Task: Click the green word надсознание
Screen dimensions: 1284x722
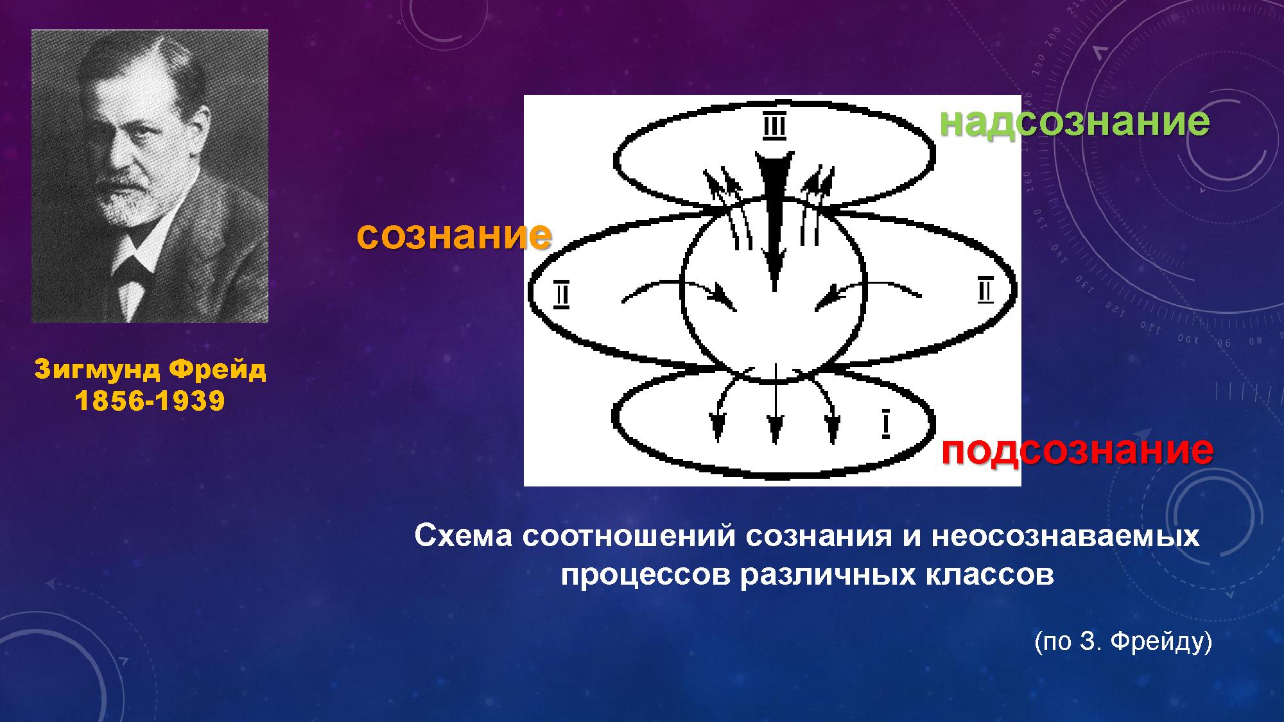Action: (x=1075, y=122)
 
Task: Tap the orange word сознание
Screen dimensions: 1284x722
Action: (x=454, y=236)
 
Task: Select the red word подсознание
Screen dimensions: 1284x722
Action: (x=1077, y=451)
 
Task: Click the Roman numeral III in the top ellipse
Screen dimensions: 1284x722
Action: (x=774, y=126)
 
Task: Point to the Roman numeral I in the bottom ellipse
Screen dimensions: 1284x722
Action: (x=886, y=424)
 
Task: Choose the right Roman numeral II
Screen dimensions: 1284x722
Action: (x=985, y=289)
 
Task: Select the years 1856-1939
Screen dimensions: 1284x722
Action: (x=150, y=401)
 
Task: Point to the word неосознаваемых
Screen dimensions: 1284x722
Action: (x=1066, y=536)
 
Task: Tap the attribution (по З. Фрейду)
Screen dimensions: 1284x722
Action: (x=1123, y=642)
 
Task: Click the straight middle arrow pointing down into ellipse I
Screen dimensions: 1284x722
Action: (x=776, y=404)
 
